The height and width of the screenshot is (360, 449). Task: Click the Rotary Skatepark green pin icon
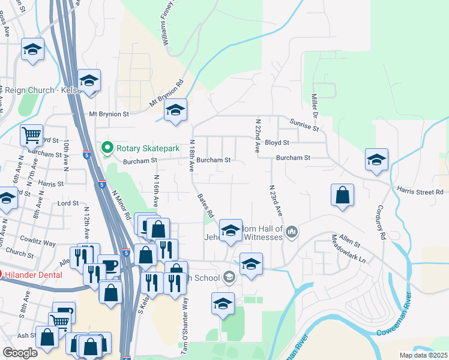click(x=107, y=147)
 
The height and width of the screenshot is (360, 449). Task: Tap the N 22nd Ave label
click(x=254, y=136)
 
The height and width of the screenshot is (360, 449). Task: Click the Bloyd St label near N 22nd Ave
click(x=277, y=143)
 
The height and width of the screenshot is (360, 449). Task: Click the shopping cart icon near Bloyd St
click(x=31, y=134)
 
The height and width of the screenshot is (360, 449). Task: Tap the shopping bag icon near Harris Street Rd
click(x=342, y=195)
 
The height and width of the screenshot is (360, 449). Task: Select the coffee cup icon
click(x=109, y=265)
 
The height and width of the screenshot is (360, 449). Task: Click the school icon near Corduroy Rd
click(x=376, y=160)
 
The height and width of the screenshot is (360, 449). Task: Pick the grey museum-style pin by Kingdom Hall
click(x=292, y=231)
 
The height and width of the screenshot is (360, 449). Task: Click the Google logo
click(x=20, y=353)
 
